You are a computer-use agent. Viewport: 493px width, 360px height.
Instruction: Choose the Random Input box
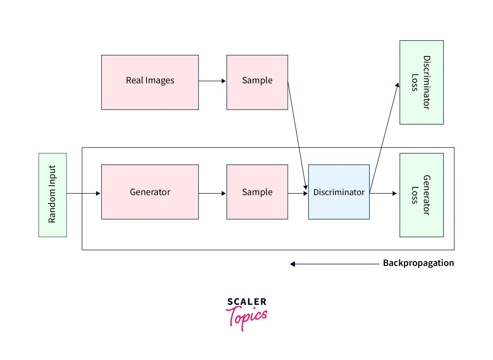click(53, 195)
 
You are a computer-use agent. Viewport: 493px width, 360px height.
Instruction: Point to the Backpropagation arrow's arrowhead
click(293, 264)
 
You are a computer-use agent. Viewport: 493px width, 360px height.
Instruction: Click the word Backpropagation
click(418, 263)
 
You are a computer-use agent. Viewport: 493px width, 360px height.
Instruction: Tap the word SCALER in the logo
click(247, 302)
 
